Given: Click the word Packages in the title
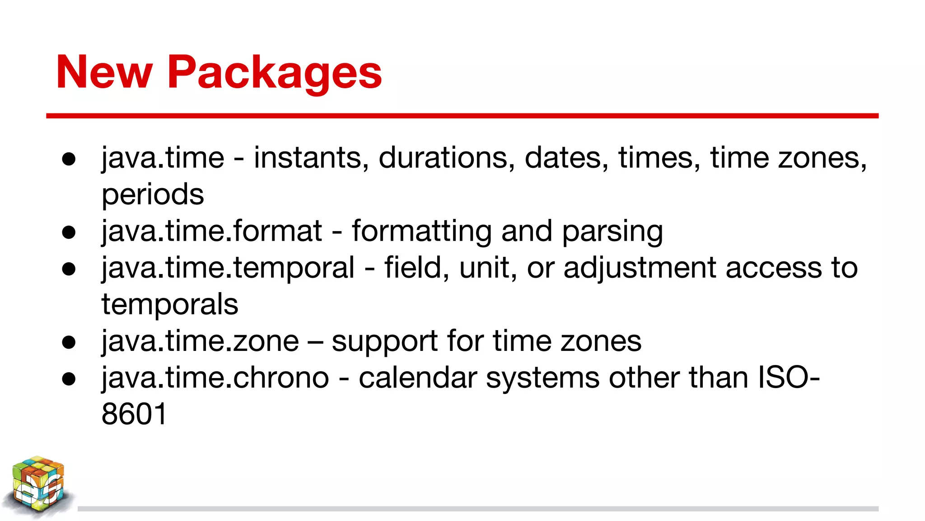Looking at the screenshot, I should pos(275,72).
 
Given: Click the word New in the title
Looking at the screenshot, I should pos(104,72).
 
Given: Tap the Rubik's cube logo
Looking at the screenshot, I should pos(38,486).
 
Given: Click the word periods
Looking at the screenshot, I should pos(153,195).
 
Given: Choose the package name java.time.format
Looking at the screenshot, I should pos(212,231).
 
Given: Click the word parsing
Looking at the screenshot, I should pos(612,232).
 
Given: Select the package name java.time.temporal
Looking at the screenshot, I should pos(228,268).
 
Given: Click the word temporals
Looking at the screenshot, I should pos(170,304).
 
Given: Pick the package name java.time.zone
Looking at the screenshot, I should pos(200,341).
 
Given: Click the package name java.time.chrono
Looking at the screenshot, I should pos(215,378).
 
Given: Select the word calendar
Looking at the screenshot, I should pos(418,378).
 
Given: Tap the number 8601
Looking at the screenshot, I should pos(134,414).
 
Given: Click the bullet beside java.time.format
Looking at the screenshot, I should pos(69,232).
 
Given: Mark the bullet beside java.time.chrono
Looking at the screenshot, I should pos(69,379).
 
